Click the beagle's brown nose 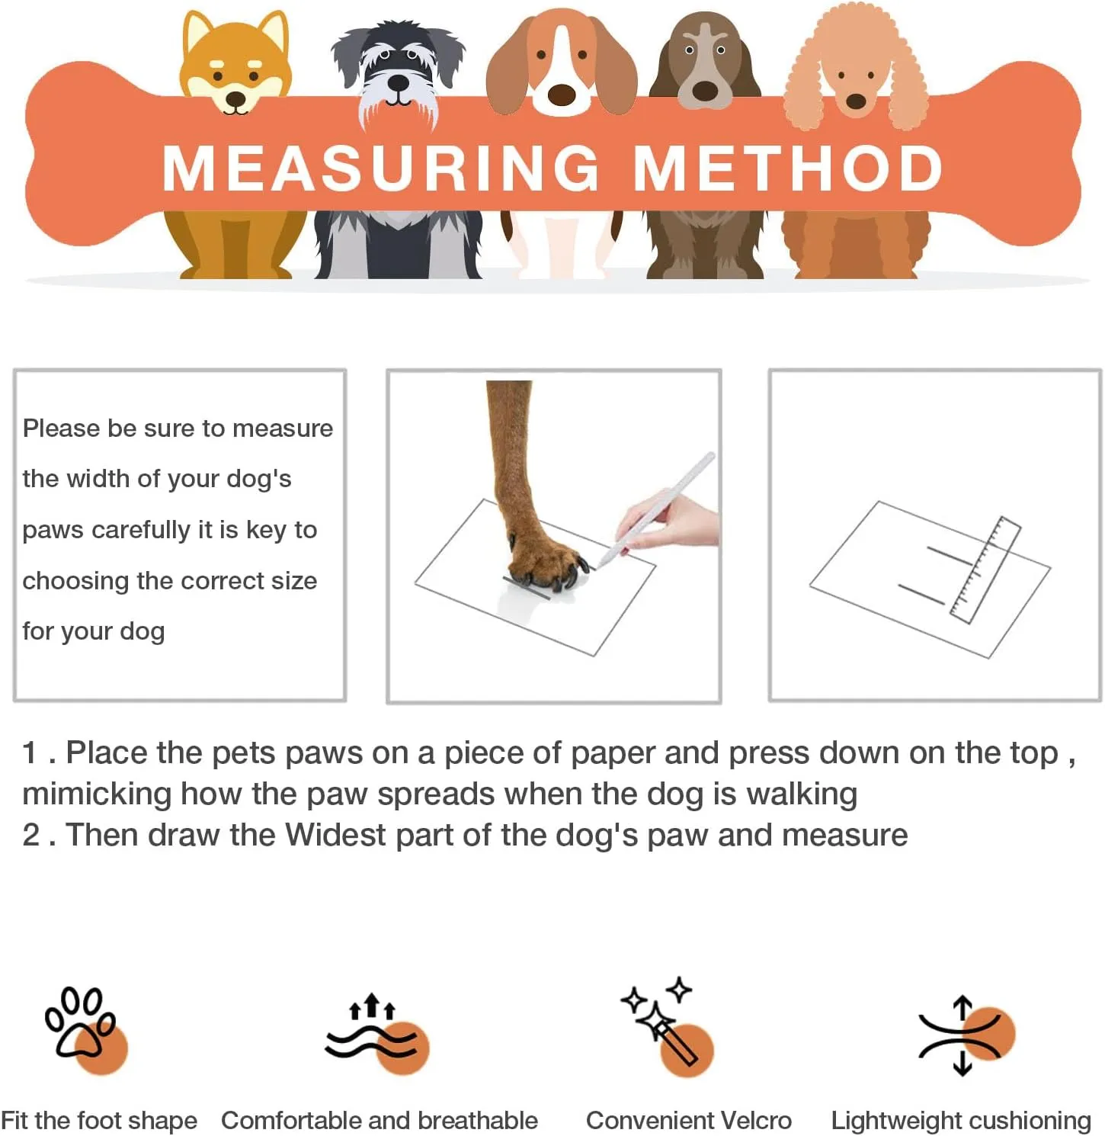click(562, 95)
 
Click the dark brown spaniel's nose click(705, 91)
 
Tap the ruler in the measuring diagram click(985, 570)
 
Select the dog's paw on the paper click(545, 560)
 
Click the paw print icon click(85, 1029)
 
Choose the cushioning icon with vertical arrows click(963, 1035)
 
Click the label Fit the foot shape click(99, 1120)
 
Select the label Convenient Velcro click(688, 1120)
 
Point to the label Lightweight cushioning click(961, 1120)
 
